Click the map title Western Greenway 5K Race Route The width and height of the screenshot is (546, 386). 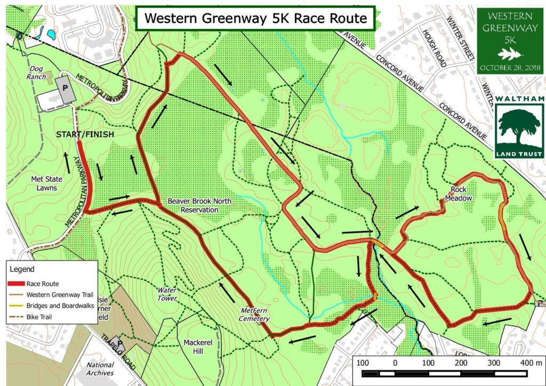tap(255, 18)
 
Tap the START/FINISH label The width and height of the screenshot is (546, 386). tap(85, 134)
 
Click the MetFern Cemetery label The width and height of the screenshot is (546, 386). tap(254, 315)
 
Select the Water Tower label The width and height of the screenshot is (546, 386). tap(166, 294)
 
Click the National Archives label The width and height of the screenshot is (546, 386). tap(100, 368)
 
